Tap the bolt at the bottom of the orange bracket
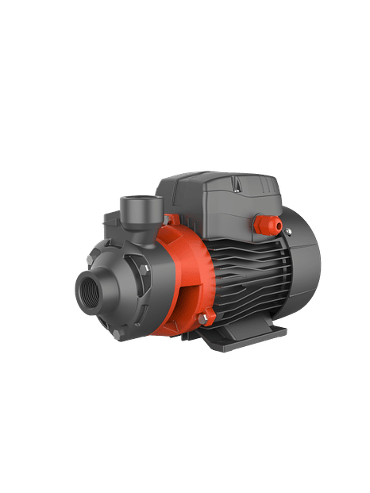click(203, 319)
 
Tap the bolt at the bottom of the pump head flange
click(120, 334)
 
